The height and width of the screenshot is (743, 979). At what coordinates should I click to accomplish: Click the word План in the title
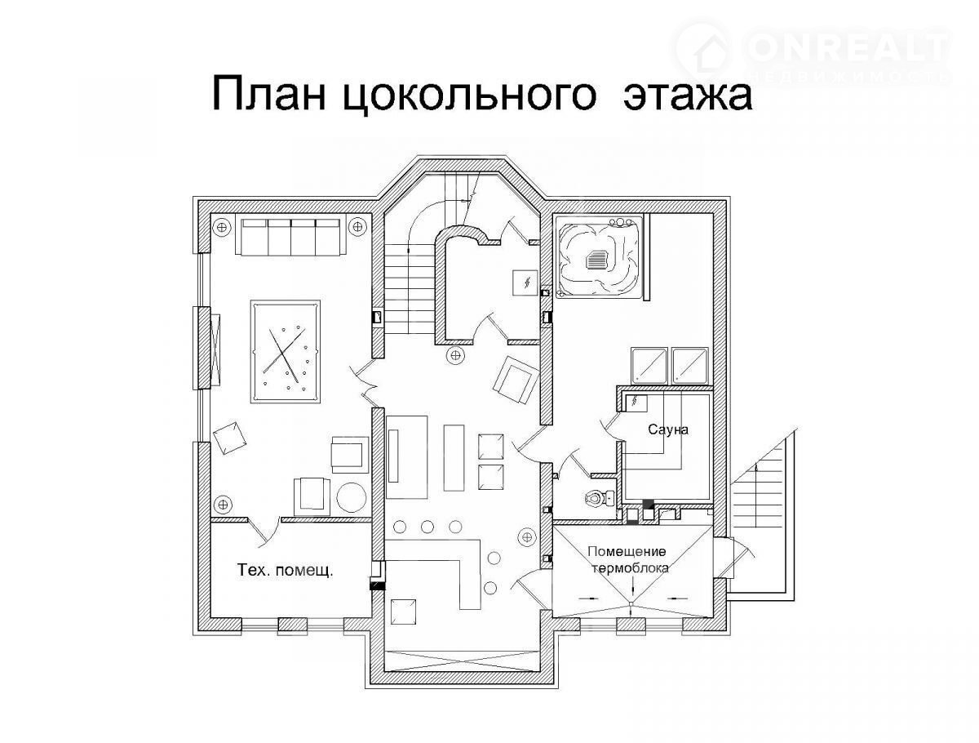269,95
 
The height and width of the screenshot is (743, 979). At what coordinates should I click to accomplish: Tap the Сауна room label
667,429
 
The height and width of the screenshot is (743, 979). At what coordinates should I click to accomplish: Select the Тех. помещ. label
285,570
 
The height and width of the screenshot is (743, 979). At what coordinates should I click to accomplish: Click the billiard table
286,352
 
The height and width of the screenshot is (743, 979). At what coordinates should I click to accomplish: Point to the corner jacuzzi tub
600,258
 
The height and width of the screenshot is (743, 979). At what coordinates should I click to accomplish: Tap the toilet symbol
599,497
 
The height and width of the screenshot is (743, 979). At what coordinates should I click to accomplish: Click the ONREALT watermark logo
812,52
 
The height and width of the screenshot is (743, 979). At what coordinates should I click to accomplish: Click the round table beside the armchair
352,497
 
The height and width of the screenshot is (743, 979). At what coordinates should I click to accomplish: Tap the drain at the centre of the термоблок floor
631,603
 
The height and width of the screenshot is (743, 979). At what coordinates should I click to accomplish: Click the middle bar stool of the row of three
427,527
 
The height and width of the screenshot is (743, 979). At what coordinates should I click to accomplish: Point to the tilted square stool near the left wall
230,438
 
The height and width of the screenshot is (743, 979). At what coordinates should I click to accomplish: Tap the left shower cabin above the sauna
649,366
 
